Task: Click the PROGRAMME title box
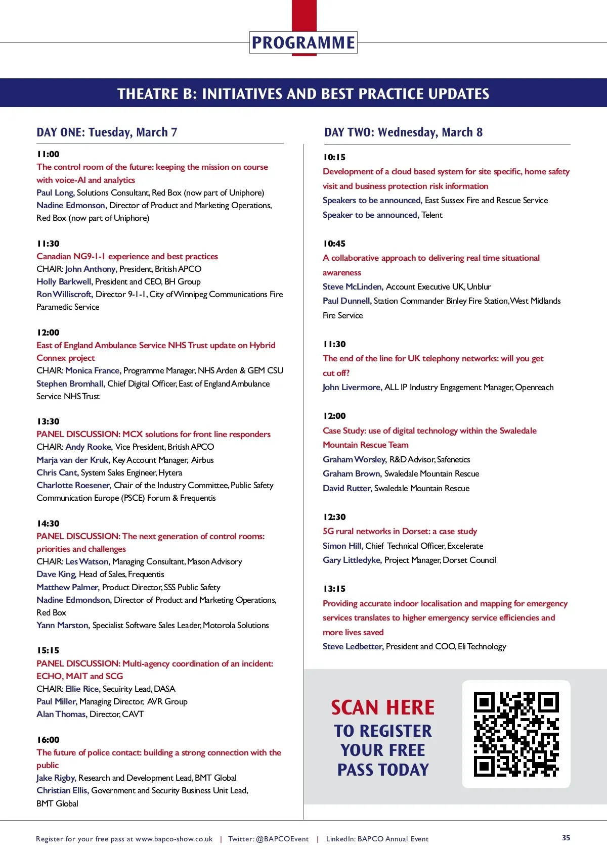(303, 43)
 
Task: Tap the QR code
(516, 734)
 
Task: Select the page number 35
(566, 838)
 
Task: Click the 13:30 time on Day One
(48, 421)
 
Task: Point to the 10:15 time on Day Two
(334, 157)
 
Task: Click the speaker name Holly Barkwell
(64, 281)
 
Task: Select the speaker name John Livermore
(352, 387)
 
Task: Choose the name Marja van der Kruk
(73, 460)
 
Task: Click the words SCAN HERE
(383, 707)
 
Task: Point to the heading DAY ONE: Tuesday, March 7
(107, 132)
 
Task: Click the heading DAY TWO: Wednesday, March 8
(403, 132)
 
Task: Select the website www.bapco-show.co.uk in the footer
(174, 839)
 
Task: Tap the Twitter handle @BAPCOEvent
(282, 839)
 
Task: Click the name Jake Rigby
(56, 778)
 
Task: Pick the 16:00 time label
(48, 740)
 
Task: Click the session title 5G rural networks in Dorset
(400, 531)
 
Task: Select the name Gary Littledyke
(352, 560)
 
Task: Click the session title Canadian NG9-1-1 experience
(127, 256)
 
